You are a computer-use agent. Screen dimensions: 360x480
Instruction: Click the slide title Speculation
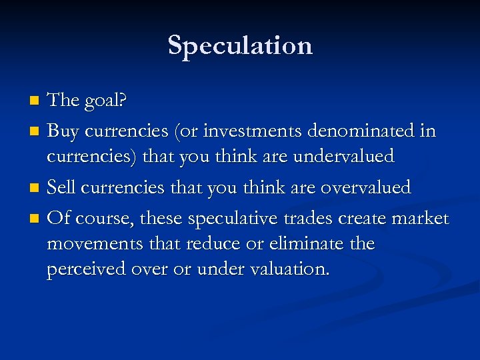(x=240, y=45)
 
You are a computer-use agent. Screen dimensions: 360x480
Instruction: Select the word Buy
(x=63, y=131)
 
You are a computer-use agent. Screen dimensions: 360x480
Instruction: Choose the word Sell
(x=61, y=188)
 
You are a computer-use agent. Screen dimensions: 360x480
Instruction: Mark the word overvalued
(x=365, y=188)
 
